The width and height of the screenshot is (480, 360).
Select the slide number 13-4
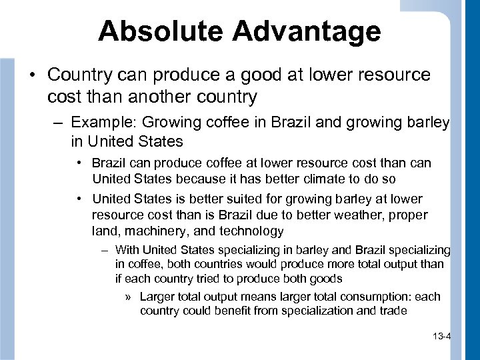point(441,337)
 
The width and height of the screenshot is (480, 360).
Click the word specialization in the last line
point(303,311)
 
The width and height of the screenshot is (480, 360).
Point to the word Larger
point(157,297)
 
